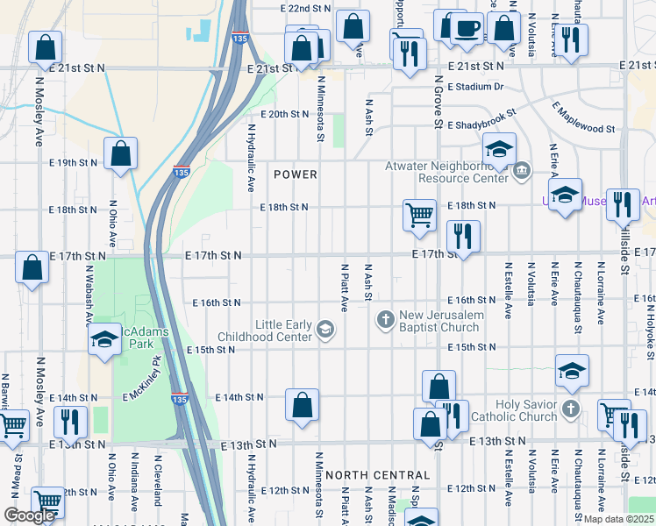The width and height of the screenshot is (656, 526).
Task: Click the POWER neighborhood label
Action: coord(295,174)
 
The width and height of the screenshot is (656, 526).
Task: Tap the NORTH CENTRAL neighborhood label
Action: coord(377,475)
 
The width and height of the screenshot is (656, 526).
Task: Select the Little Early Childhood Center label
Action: coord(283,331)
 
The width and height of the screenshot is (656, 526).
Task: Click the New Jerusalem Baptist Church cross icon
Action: coord(384,318)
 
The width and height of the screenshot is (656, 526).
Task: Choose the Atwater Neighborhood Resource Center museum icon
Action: coord(521,170)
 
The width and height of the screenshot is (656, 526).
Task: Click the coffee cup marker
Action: coord(467,29)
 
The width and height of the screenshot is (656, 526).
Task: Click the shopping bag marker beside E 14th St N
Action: coord(302,404)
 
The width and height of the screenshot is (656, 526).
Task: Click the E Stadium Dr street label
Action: coord(475,87)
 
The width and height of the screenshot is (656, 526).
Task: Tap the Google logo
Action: coord(29,515)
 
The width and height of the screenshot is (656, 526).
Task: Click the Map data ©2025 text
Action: coord(617,519)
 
